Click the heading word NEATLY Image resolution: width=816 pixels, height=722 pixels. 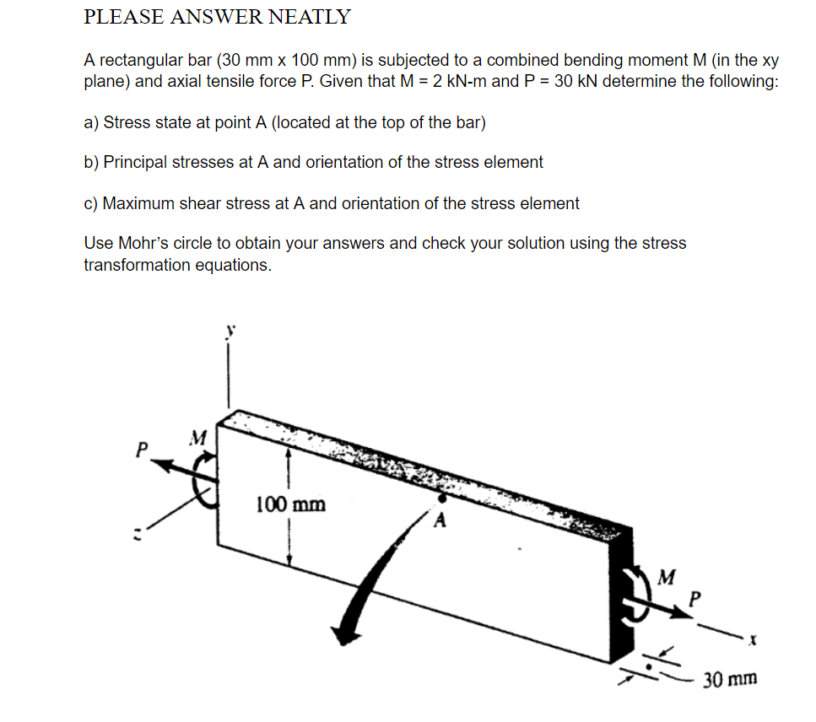310,16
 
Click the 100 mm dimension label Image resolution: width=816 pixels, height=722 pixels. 289,504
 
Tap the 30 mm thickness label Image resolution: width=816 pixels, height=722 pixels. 730,678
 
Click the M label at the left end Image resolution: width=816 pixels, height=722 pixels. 197,437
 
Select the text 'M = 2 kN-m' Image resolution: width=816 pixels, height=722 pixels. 446,82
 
